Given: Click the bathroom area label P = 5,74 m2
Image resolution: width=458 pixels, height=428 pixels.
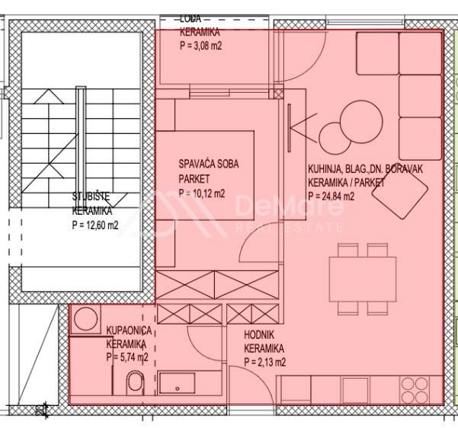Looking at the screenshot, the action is tap(127, 356).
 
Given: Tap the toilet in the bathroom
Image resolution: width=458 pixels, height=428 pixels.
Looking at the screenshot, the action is tap(136, 382).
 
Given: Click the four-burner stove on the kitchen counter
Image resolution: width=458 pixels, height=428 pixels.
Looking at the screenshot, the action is tap(415, 390).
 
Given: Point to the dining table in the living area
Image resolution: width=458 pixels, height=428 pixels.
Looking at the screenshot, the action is tap(363, 279).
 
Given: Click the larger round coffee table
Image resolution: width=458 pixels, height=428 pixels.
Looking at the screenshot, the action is tap(362, 121).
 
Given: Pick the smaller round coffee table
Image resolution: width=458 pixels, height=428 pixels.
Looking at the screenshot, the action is tap(335, 139).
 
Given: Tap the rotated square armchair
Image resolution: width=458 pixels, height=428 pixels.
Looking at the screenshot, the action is tap(400, 193).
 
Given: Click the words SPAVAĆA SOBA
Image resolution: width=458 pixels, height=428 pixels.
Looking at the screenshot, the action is tap(209, 164).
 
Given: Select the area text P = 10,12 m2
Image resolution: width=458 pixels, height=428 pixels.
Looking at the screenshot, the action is tap(202, 193).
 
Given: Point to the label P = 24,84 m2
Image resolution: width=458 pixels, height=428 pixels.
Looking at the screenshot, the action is tap(331, 196).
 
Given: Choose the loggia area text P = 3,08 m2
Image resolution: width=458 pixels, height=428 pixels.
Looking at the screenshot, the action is tap(200, 46).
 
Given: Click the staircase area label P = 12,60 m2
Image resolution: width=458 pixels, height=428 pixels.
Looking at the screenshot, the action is tap(95, 225).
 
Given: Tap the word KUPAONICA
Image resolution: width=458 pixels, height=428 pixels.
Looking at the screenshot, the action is tap(129, 331).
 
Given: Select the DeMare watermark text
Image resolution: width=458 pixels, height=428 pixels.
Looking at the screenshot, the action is tap(289, 206).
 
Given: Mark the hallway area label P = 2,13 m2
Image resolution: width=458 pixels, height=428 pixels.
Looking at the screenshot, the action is tap(265, 363).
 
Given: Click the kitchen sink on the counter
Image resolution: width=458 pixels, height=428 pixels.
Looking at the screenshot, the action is tap(355, 389).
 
